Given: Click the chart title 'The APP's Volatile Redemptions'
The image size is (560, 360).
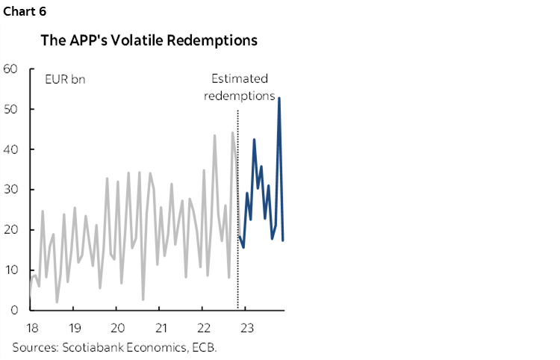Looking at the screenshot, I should (149, 41).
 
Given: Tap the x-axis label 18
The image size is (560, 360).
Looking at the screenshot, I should (31, 328).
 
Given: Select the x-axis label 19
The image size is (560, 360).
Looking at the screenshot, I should (75, 328).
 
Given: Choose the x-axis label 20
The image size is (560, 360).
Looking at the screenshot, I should (117, 328).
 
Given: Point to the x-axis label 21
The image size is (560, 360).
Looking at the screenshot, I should (161, 328).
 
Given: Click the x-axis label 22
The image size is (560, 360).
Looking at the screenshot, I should (204, 328).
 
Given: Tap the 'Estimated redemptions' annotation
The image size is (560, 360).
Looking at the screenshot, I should (239, 87).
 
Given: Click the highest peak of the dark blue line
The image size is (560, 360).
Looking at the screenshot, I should (279, 98).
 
